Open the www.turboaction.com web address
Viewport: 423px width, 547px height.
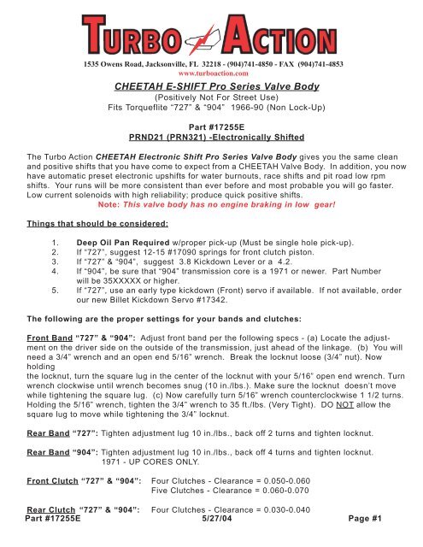click(211, 74)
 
